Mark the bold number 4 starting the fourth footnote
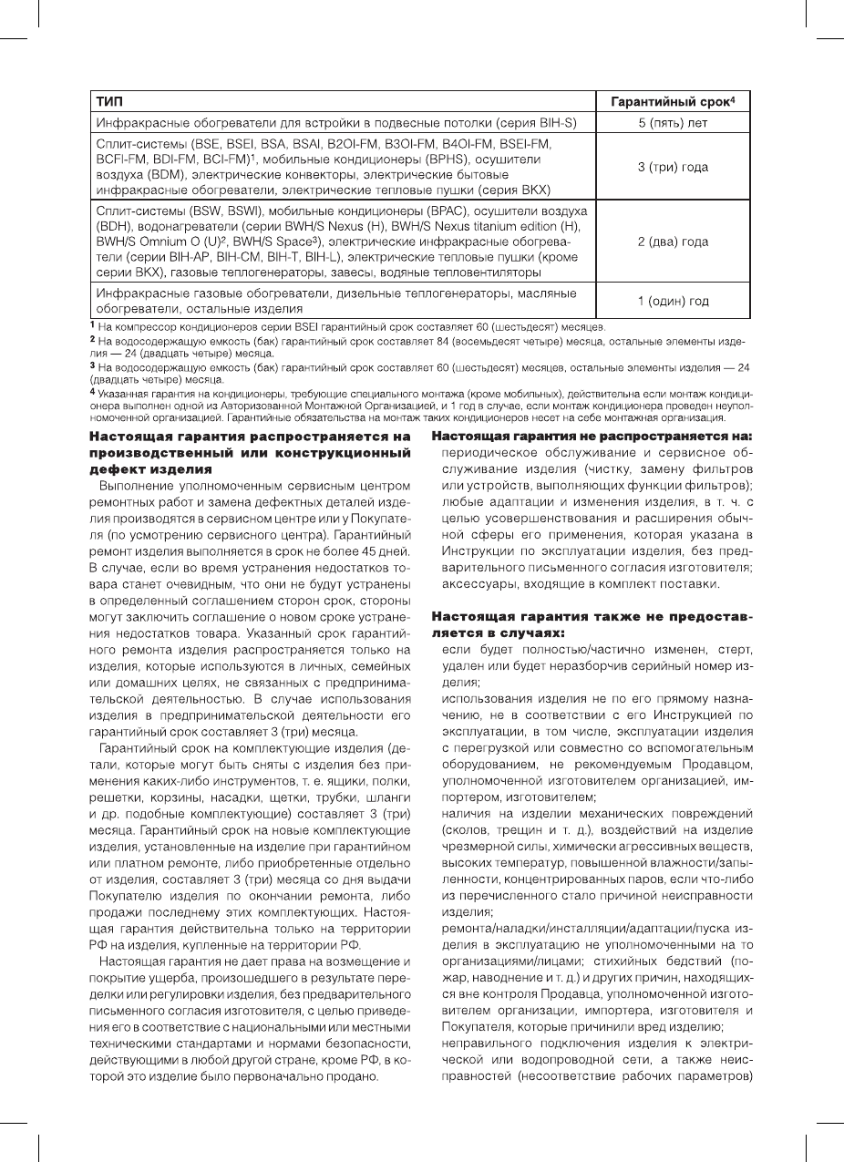91,393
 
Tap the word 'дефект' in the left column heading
119,469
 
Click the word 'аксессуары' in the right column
479,584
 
